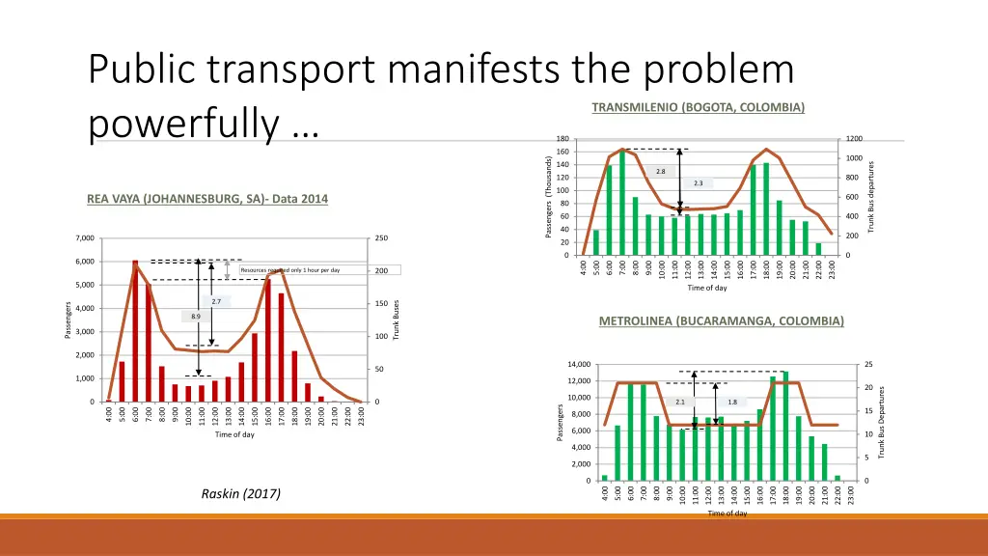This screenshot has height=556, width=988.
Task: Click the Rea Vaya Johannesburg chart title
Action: pos(207,200)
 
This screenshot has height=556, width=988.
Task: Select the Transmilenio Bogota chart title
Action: pos(698,107)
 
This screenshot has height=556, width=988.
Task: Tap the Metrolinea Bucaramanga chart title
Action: pos(721,320)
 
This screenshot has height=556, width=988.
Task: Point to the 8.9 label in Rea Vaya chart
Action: pos(196,316)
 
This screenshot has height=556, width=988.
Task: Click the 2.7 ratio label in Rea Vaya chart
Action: pos(215,302)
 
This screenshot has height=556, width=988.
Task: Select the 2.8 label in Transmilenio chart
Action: pos(660,171)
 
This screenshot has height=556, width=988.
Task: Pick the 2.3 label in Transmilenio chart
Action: pos(699,182)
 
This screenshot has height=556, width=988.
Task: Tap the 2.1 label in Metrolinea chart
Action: pos(679,402)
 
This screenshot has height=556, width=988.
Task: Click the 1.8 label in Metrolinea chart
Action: pos(732,402)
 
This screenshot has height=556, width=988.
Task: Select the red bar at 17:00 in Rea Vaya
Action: pos(281,347)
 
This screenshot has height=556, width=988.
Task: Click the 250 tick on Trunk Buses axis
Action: pos(381,238)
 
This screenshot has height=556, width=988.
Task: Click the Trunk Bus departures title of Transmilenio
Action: pos(870,197)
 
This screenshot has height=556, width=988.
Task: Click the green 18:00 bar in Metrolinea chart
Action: pos(784,426)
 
